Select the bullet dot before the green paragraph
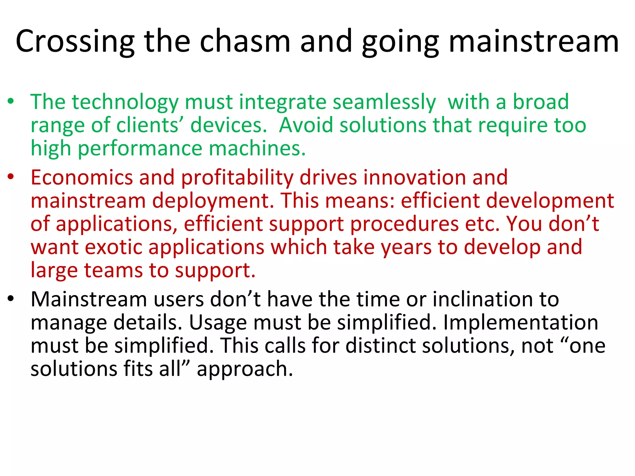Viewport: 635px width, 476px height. [x=11, y=101]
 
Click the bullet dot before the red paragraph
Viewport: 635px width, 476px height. [x=11, y=177]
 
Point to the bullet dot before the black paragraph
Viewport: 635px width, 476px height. [x=11, y=299]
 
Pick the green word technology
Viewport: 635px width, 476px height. [x=125, y=102]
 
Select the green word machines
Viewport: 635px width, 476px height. [x=257, y=148]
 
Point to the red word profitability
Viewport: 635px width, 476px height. [x=237, y=178]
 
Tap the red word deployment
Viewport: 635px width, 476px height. [x=213, y=201]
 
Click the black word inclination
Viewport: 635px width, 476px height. [x=483, y=300]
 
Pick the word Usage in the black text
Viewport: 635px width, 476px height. [x=218, y=323]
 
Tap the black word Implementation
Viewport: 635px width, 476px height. [x=521, y=323]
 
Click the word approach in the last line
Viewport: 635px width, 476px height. [x=245, y=370]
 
